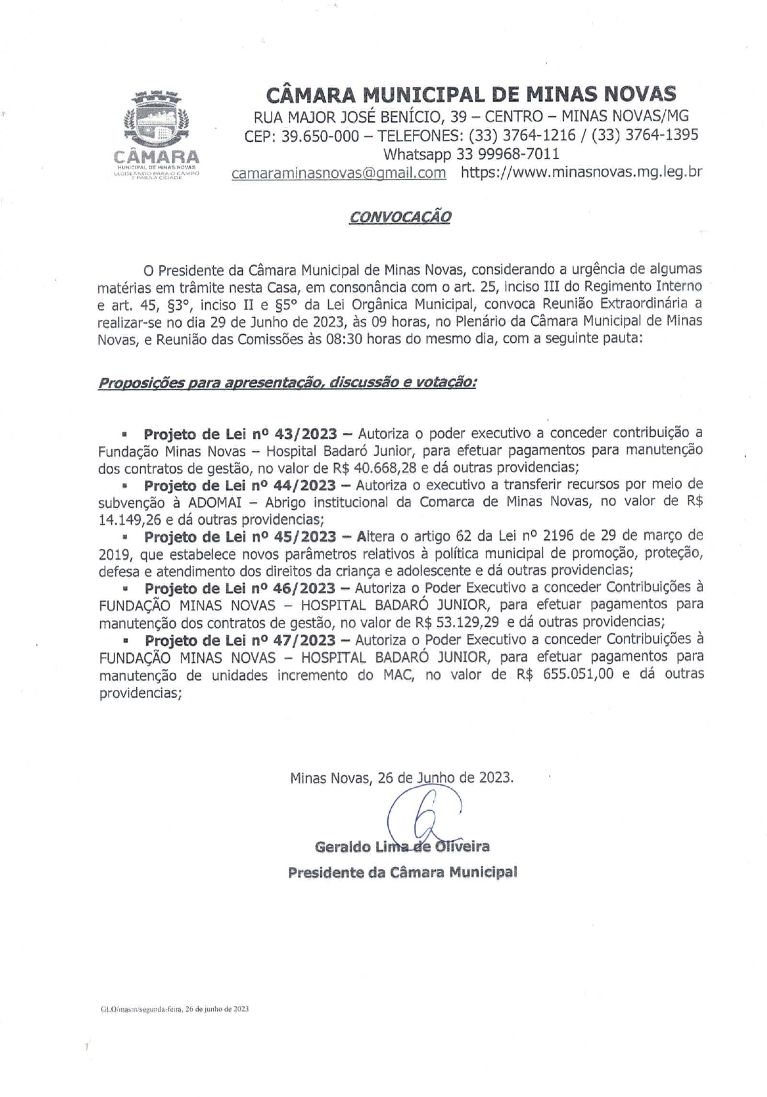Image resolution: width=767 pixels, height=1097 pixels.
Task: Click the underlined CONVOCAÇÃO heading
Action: [x=400, y=216]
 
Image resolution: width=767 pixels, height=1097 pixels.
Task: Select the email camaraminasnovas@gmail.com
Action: [x=339, y=173]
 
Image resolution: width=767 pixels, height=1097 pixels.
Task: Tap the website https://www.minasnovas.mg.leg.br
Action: [x=582, y=173]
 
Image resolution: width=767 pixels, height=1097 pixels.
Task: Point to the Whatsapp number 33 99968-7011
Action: [x=508, y=154]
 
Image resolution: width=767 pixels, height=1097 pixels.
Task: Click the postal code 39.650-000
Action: [x=320, y=135]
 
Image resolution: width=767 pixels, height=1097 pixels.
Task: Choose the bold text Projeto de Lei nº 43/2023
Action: [x=240, y=434]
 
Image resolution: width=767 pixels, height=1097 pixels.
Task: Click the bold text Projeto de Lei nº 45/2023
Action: [x=240, y=535]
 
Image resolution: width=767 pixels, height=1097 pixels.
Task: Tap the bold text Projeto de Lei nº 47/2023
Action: [x=240, y=640]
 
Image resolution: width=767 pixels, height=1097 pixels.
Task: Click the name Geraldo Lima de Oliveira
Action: [x=403, y=847]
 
